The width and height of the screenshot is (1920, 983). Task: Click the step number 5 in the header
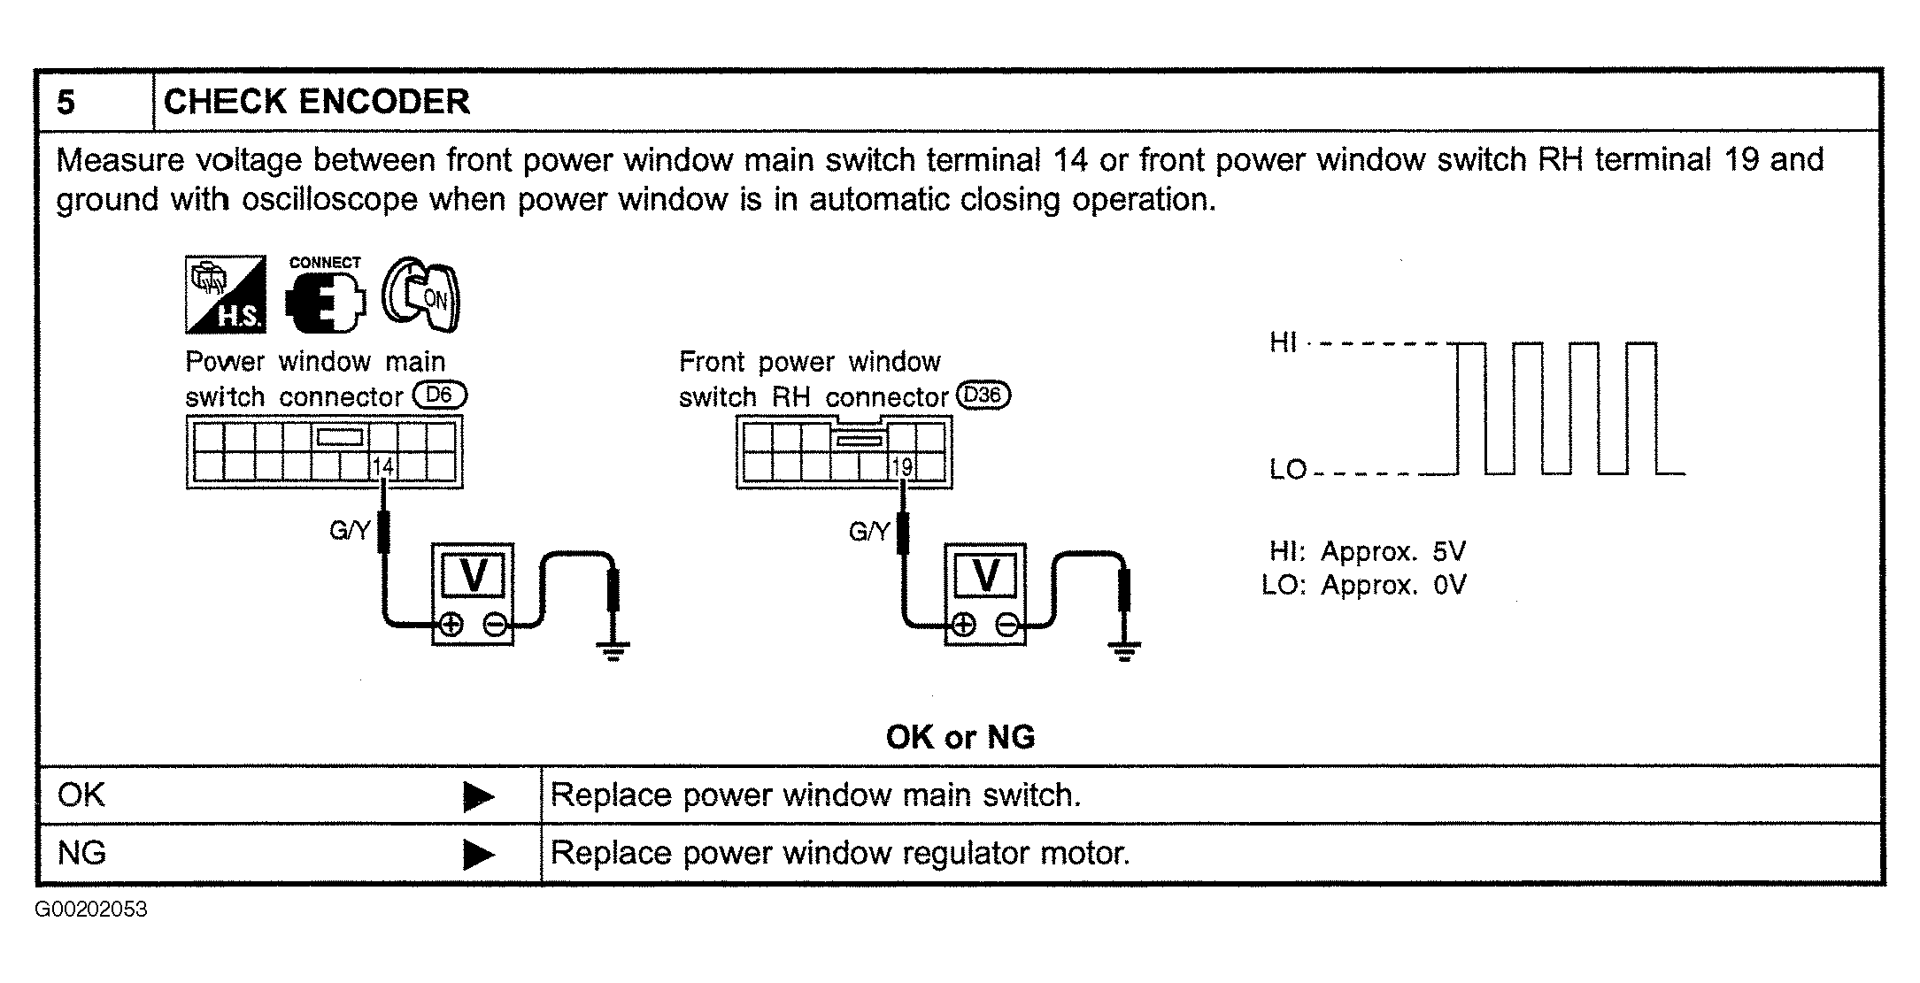tap(66, 103)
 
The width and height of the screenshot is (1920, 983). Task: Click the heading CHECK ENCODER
tap(316, 102)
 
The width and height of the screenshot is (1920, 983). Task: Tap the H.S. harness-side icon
tap(225, 295)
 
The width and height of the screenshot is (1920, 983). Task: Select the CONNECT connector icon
tap(325, 296)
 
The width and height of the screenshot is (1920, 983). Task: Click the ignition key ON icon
tap(421, 295)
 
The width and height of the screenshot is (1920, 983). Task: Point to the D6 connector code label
tap(439, 395)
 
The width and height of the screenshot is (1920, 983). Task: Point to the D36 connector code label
tap(982, 395)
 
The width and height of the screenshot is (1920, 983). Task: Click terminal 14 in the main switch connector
tap(382, 466)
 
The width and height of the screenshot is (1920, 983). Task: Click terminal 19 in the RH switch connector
tap(902, 466)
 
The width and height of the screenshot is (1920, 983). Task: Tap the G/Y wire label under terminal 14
tap(349, 531)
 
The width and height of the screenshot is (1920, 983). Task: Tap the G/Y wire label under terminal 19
tap(868, 531)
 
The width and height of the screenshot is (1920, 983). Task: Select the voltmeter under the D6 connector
tap(473, 594)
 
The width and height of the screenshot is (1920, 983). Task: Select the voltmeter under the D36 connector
tap(985, 594)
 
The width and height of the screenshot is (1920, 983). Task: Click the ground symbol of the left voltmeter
tap(613, 653)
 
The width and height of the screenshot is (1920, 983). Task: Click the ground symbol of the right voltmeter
tap(1124, 653)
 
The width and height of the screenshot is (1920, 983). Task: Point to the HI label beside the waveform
tap(1283, 342)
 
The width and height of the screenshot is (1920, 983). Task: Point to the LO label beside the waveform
tap(1288, 470)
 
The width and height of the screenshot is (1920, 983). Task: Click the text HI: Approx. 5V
tap(1367, 551)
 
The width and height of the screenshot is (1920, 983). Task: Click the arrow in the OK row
tap(478, 797)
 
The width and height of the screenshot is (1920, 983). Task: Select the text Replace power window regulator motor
tap(840, 853)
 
